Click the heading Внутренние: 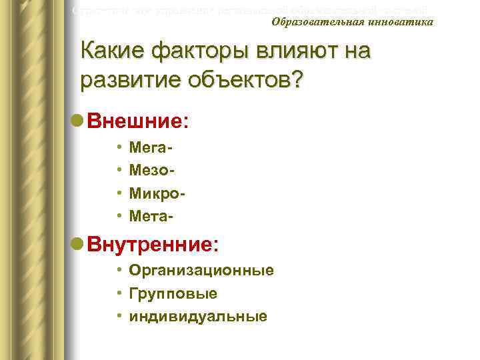pyautogui.click(x=153, y=244)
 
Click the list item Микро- pyautogui.click(x=157, y=193)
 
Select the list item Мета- pyautogui.click(x=152, y=216)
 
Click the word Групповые pyautogui.click(x=173, y=293)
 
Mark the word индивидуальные pyautogui.click(x=198, y=316)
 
